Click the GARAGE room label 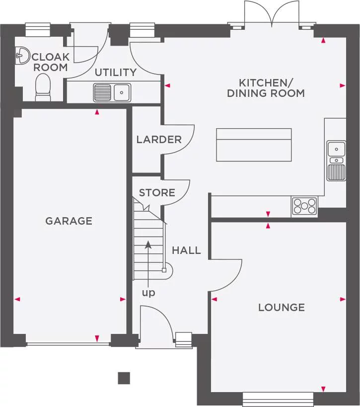click(x=69, y=221)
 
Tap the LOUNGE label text click(x=281, y=307)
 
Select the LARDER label click(x=159, y=139)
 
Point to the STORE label click(x=157, y=192)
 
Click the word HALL click(x=186, y=250)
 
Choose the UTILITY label click(x=115, y=72)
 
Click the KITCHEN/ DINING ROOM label click(x=265, y=88)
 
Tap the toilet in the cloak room click(x=43, y=87)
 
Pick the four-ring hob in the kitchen click(x=304, y=206)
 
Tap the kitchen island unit click(x=254, y=145)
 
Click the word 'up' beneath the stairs click(x=148, y=293)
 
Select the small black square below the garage click(x=124, y=378)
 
